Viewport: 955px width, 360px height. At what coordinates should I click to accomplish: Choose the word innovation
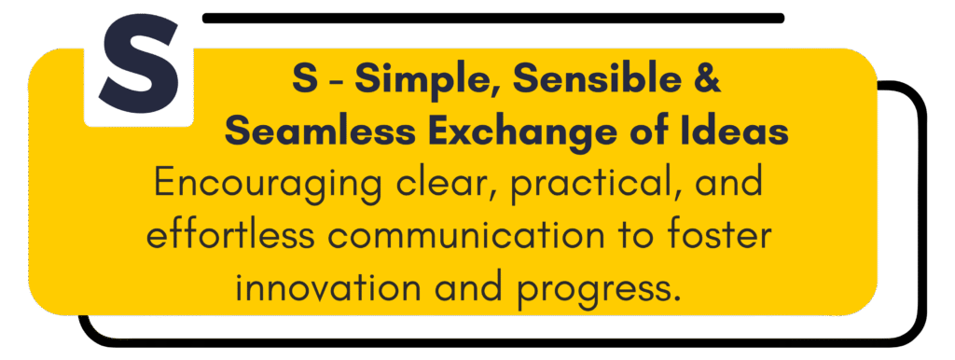tap(328, 287)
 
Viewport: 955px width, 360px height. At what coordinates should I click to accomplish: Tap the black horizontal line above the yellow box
tap(493, 18)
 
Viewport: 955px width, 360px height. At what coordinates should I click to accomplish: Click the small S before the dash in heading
tap(305, 80)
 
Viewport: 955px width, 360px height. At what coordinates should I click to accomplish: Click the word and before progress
tap(469, 287)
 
